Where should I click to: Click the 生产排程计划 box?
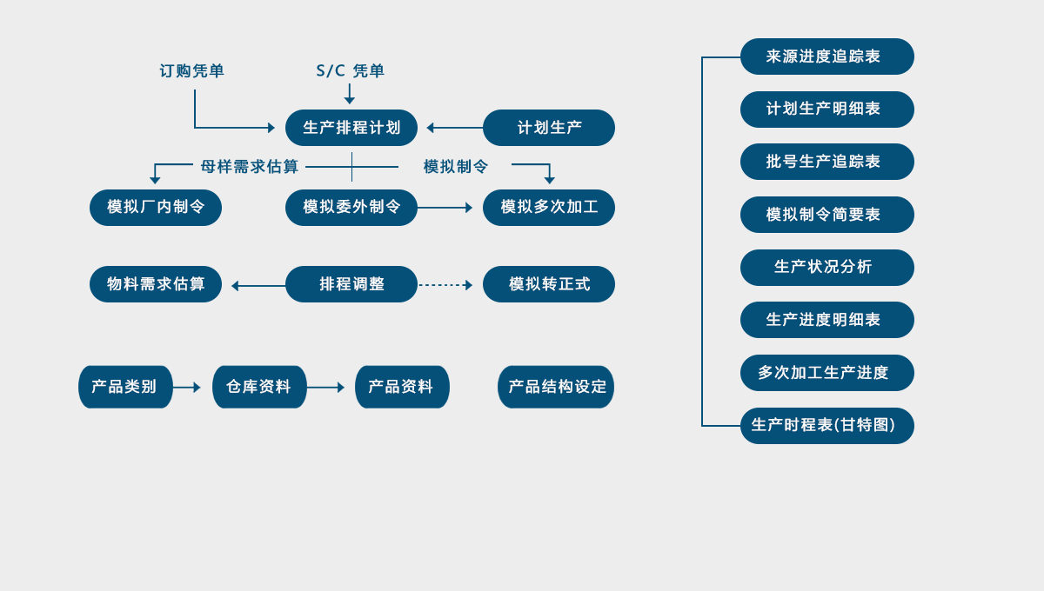(x=351, y=128)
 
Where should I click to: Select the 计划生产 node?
(x=549, y=128)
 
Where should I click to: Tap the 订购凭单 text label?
(x=191, y=71)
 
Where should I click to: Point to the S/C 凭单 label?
(x=350, y=71)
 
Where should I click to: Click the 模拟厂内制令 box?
(x=156, y=208)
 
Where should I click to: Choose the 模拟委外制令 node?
(x=351, y=208)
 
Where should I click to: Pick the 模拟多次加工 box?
(x=549, y=208)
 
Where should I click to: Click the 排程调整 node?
(x=351, y=284)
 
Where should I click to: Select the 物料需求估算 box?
(x=156, y=284)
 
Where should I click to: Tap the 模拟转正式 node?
(x=549, y=284)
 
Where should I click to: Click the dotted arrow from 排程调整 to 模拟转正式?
(x=445, y=285)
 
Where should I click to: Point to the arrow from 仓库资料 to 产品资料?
(x=325, y=388)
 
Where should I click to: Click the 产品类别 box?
(x=125, y=387)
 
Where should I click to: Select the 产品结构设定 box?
(x=556, y=387)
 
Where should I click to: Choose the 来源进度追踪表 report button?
(x=827, y=56)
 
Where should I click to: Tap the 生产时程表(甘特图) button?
(x=827, y=426)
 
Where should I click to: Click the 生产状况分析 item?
(x=827, y=268)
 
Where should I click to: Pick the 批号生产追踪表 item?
(x=827, y=162)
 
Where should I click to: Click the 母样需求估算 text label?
(x=250, y=167)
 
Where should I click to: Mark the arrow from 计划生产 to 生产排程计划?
(x=454, y=128)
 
